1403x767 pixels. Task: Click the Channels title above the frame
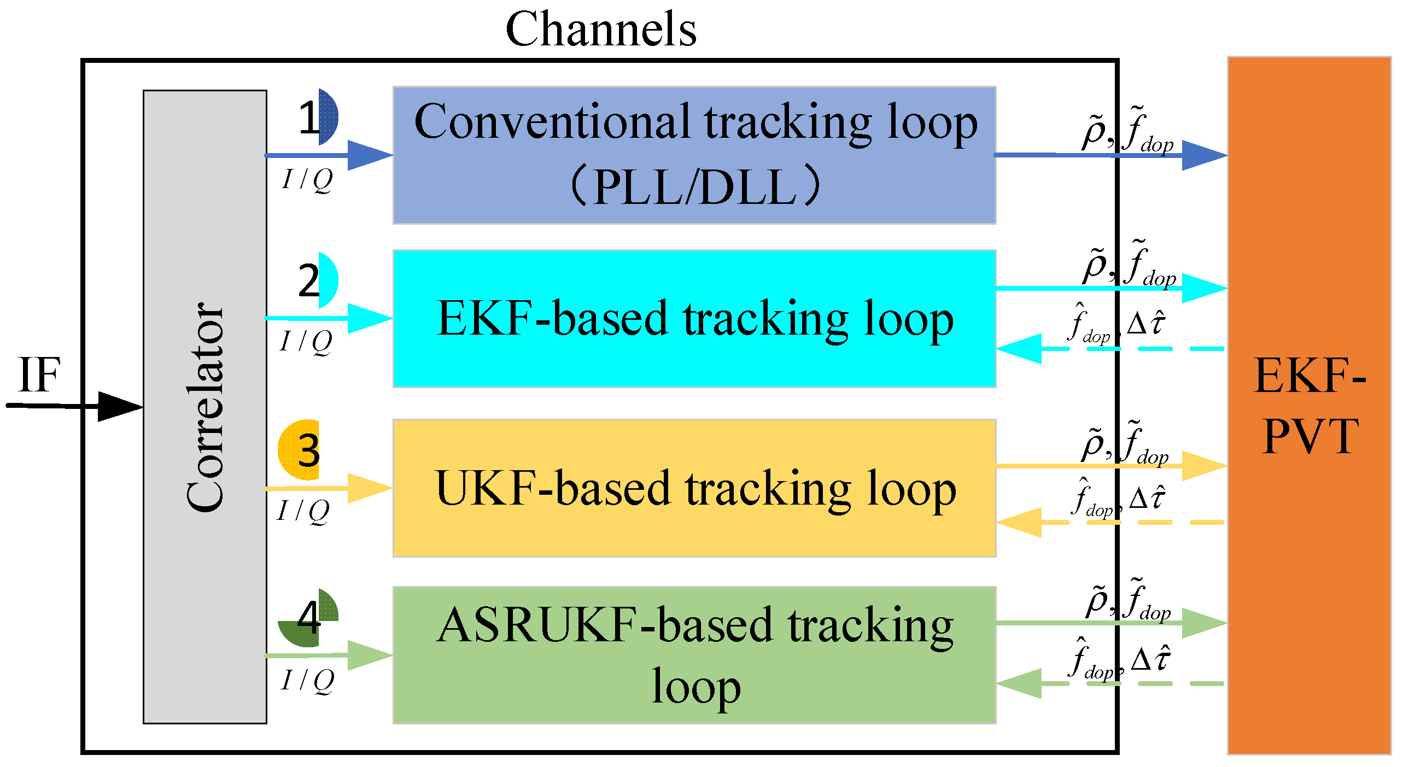[x=600, y=30]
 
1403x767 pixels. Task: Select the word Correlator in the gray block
[x=205, y=407]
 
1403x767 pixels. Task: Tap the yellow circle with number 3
[x=301, y=450]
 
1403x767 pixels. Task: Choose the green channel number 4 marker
[x=309, y=618]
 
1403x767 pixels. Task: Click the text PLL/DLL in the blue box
[x=694, y=187]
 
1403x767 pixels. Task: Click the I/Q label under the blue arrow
[x=307, y=179]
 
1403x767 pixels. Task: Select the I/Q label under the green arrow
[x=307, y=681]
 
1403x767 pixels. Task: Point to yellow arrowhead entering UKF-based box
[x=369, y=488]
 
